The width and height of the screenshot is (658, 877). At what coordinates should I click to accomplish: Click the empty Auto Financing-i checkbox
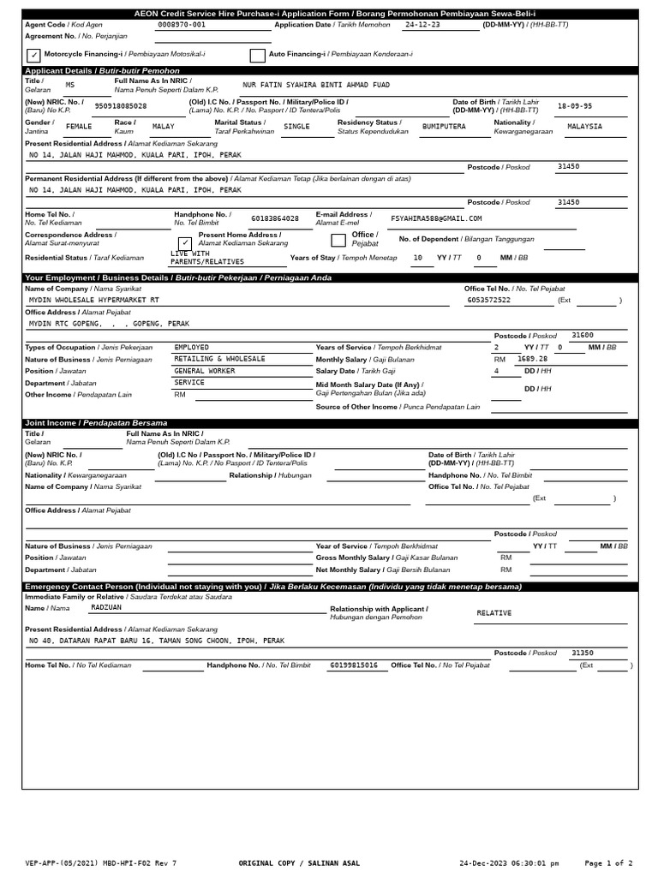(257, 56)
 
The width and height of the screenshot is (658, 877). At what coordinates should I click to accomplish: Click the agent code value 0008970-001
(182, 25)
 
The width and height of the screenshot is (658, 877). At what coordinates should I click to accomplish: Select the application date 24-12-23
(422, 25)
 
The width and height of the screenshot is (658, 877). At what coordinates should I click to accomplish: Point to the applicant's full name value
(316, 86)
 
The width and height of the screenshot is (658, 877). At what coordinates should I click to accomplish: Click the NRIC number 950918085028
(120, 106)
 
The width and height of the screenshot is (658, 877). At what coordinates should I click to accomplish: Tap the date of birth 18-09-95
(574, 106)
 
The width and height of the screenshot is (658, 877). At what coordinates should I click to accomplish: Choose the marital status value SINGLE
(296, 126)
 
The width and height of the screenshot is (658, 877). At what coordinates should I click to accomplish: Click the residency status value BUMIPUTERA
(444, 126)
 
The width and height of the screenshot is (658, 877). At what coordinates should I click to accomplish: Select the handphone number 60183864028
(275, 218)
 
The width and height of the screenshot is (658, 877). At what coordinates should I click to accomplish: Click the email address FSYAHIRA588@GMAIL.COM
(436, 218)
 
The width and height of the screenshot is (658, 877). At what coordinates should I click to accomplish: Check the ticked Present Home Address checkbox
(185, 242)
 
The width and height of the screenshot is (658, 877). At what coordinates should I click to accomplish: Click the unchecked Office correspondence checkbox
(338, 240)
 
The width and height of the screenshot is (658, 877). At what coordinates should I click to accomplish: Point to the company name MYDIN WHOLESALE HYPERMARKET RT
(93, 301)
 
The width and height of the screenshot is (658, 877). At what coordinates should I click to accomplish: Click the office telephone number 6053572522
(488, 301)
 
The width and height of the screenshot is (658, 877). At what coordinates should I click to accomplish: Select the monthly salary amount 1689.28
(531, 359)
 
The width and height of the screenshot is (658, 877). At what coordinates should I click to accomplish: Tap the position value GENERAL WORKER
(204, 371)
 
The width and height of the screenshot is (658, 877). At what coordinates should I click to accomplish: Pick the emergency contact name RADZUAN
(106, 606)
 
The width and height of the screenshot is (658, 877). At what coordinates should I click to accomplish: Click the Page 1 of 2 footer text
(608, 863)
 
